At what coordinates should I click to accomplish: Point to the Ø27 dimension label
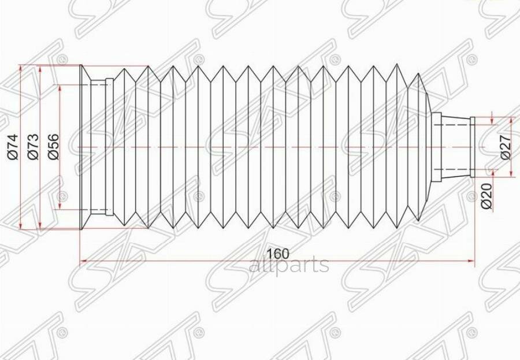504,147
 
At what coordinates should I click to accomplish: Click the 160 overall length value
278,253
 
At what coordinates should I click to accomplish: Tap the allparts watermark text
288,265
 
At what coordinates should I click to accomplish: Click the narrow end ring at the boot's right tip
473,147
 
